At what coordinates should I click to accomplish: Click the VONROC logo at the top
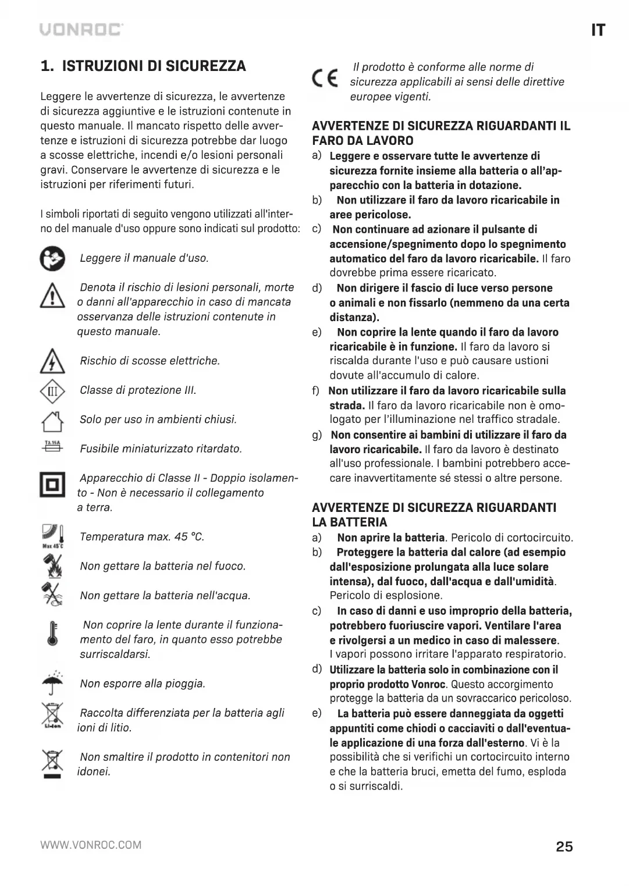pyautogui.click(x=81, y=30)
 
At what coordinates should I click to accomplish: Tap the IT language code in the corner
pyautogui.click(x=598, y=31)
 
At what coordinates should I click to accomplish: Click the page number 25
pyautogui.click(x=564, y=846)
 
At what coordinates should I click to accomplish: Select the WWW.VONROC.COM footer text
pyautogui.click(x=91, y=845)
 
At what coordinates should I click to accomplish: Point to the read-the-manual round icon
pyautogui.click(x=52, y=259)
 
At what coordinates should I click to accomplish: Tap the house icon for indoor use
pyautogui.click(x=52, y=420)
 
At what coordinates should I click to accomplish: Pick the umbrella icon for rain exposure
pyautogui.click(x=52, y=684)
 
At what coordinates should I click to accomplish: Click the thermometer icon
pyautogui.click(x=52, y=633)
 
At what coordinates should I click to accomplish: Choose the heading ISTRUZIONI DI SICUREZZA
pyautogui.click(x=154, y=66)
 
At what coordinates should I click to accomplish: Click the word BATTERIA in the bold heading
pyautogui.click(x=358, y=522)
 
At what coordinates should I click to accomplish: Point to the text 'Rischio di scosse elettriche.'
pyautogui.click(x=150, y=361)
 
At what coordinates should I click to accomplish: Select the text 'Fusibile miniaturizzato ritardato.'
pyautogui.click(x=161, y=449)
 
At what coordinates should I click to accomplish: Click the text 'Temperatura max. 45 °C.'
pyautogui.click(x=142, y=537)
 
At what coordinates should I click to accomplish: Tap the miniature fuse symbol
pyautogui.click(x=52, y=446)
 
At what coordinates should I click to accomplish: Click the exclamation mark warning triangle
pyautogui.click(x=52, y=296)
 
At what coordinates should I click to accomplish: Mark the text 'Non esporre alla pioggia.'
pyautogui.click(x=143, y=684)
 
